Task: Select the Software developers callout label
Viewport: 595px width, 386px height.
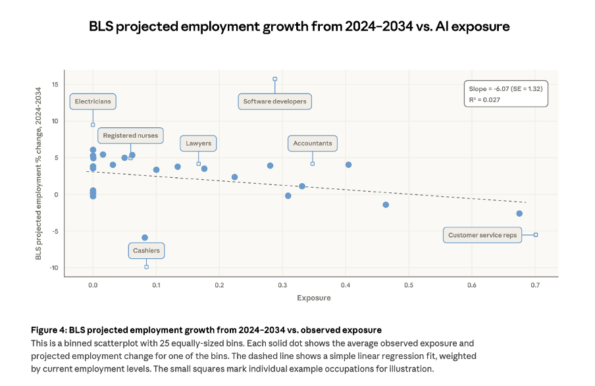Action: click(x=274, y=101)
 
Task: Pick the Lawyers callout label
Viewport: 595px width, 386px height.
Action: click(x=198, y=143)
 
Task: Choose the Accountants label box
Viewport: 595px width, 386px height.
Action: click(x=313, y=143)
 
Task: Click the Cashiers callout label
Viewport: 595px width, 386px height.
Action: click(x=146, y=250)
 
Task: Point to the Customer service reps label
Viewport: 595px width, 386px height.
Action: click(x=482, y=235)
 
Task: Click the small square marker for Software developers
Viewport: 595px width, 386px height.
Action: click(x=275, y=78)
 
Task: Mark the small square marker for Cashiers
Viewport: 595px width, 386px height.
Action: click(x=146, y=267)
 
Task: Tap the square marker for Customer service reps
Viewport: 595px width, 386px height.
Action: click(x=536, y=234)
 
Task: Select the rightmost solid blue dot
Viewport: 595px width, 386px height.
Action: click(x=519, y=213)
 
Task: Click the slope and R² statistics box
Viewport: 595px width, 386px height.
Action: click(x=505, y=94)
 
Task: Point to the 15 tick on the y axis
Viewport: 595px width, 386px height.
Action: click(x=55, y=84)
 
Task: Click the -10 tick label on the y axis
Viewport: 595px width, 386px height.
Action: click(x=54, y=267)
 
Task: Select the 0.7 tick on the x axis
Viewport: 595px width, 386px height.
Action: click(x=535, y=285)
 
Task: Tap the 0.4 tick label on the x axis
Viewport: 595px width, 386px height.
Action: click(x=346, y=285)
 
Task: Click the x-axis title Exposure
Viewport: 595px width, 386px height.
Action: click(x=313, y=298)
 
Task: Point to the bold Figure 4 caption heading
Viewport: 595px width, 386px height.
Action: click(x=206, y=330)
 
